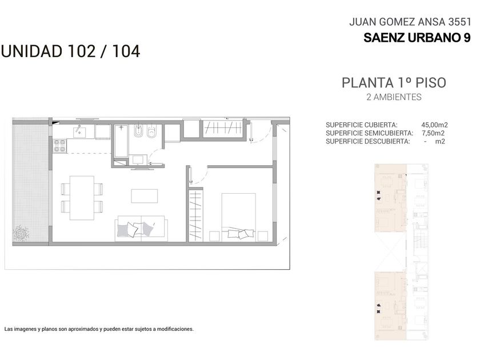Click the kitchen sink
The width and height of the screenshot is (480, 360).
click(79, 132)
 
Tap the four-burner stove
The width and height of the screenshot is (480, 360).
click(59, 146)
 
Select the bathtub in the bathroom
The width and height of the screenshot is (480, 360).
click(122, 141)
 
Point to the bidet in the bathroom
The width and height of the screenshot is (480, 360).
click(138, 131)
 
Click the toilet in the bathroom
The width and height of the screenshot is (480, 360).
click(151, 131)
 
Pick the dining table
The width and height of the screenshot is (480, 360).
click(82, 198)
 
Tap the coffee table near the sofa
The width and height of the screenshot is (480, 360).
click(145, 196)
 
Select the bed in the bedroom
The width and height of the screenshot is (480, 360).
click(238, 217)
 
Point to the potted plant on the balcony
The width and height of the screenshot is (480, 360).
click(21, 233)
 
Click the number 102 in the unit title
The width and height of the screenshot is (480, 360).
click(82, 51)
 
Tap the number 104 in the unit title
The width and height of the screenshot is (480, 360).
click(126, 51)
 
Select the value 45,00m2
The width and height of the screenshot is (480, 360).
click(434, 125)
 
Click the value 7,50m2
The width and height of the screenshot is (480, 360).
click(433, 133)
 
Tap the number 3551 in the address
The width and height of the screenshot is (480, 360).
click(459, 22)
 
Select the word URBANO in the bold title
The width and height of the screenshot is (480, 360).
click(433, 38)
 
